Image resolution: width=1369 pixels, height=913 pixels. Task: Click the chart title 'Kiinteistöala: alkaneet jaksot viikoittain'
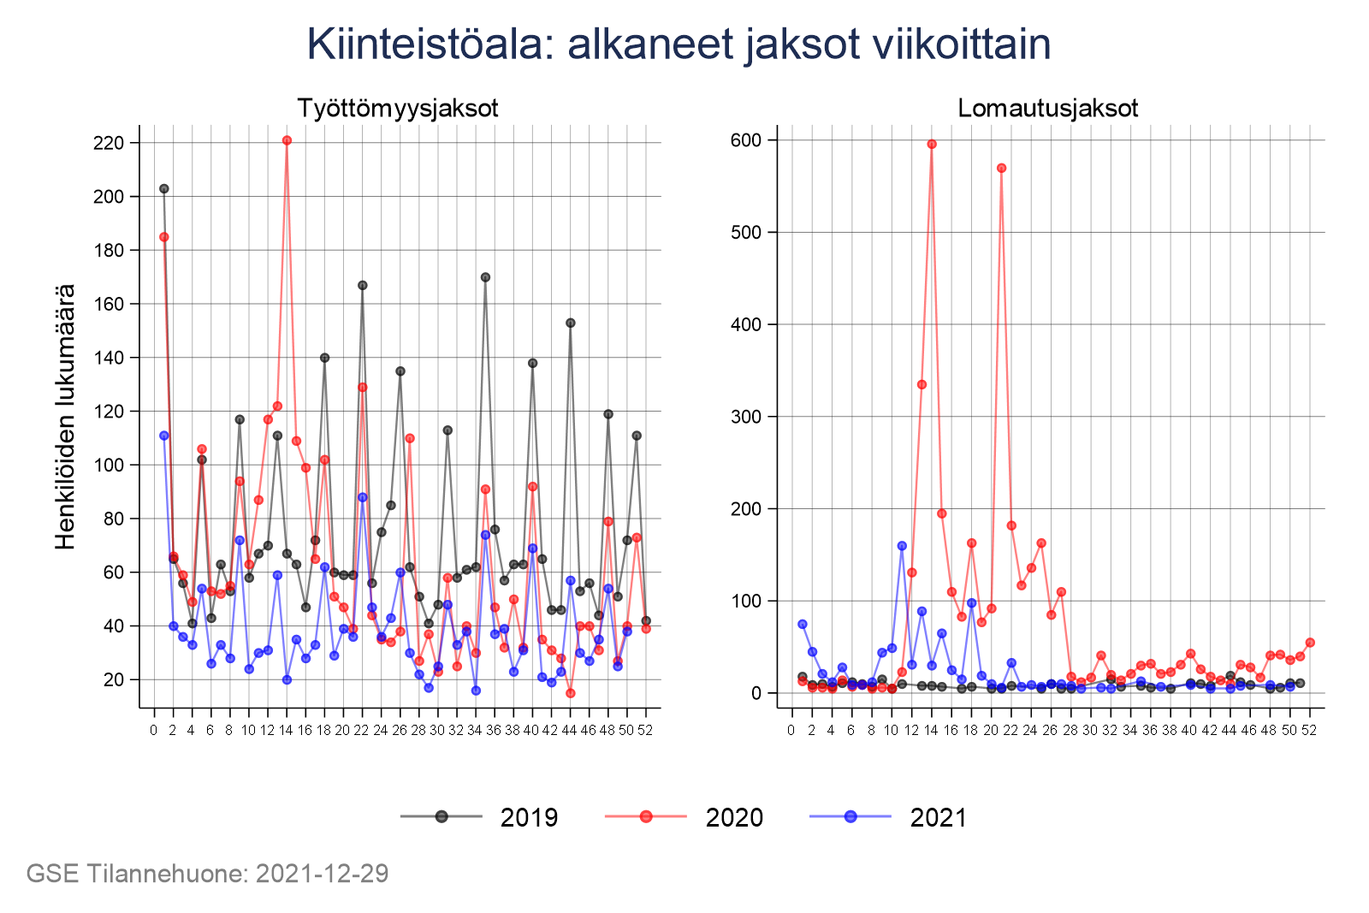pyautogui.click(x=679, y=44)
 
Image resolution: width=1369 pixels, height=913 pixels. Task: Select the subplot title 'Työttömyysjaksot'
pyautogui.click(x=398, y=109)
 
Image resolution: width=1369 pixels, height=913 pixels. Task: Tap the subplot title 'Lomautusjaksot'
pyautogui.click(x=1048, y=109)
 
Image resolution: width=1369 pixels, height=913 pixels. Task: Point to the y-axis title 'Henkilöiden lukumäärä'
pyautogui.click(x=66, y=417)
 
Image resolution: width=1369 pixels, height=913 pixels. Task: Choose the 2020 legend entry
pyautogui.click(x=684, y=817)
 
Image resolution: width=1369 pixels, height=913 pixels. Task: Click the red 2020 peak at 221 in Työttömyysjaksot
pyautogui.click(x=287, y=140)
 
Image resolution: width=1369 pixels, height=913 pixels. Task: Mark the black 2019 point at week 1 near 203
pyautogui.click(x=163, y=188)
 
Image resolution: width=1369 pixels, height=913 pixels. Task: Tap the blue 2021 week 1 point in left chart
pyautogui.click(x=163, y=436)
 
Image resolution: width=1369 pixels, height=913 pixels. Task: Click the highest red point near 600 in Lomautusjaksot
pyautogui.click(x=932, y=144)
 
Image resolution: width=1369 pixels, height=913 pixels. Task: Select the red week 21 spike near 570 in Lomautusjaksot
pyautogui.click(x=1001, y=168)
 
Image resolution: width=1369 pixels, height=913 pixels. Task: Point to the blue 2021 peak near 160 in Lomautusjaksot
pyautogui.click(x=902, y=545)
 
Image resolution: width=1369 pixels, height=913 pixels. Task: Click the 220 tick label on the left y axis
pyautogui.click(x=109, y=143)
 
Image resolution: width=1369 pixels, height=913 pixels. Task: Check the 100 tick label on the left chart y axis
pyautogui.click(x=109, y=465)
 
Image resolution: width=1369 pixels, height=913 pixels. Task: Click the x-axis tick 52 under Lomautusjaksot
pyautogui.click(x=1309, y=730)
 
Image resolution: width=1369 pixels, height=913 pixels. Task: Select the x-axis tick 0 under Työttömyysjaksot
pyautogui.click(x=154, y=730)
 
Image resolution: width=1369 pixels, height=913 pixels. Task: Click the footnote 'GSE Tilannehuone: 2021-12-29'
pyautogui.click(x=207, y=874)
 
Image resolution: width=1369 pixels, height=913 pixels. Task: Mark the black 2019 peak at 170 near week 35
pyautogui.click(x=485, y=277)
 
